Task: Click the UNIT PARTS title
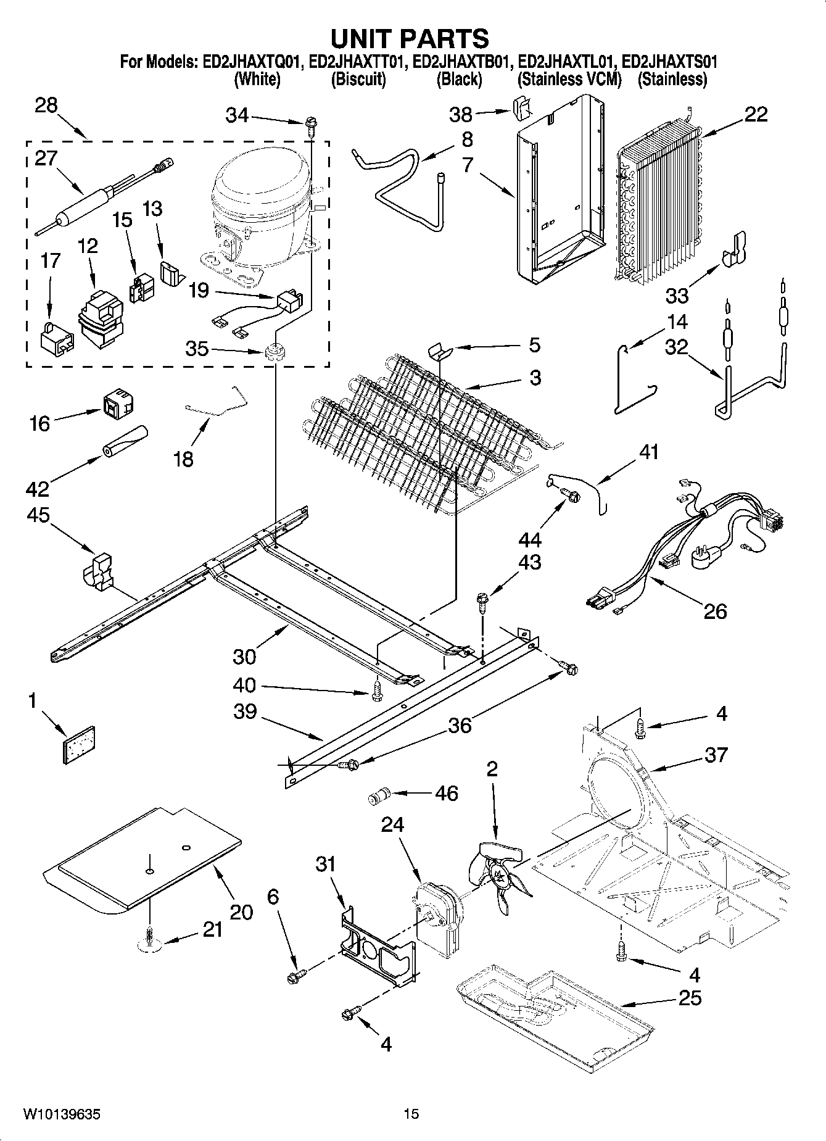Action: point(410,38)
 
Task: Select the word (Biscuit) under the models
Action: point(358,80)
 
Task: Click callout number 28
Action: point(46,106)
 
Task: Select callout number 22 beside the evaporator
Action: point(756,115)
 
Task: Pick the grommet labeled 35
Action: point(273,354)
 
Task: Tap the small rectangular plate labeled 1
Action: point(80,745)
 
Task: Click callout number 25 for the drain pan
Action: point(690,998)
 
